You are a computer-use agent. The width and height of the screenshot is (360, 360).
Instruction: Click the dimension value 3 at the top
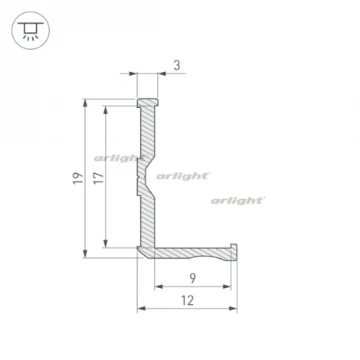pos(177,66)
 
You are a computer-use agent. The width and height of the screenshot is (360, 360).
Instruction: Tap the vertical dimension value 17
pos(96,178)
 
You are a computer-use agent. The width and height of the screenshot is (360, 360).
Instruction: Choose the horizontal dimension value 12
pos(187,300)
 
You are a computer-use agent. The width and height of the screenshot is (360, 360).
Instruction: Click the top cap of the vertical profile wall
pos(148,101)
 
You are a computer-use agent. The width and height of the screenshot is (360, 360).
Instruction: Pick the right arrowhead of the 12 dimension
pos(233,309)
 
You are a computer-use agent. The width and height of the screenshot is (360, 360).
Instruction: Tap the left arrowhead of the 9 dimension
pos(159,286)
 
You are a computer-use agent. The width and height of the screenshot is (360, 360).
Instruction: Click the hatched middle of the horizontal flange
pos(191,252)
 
